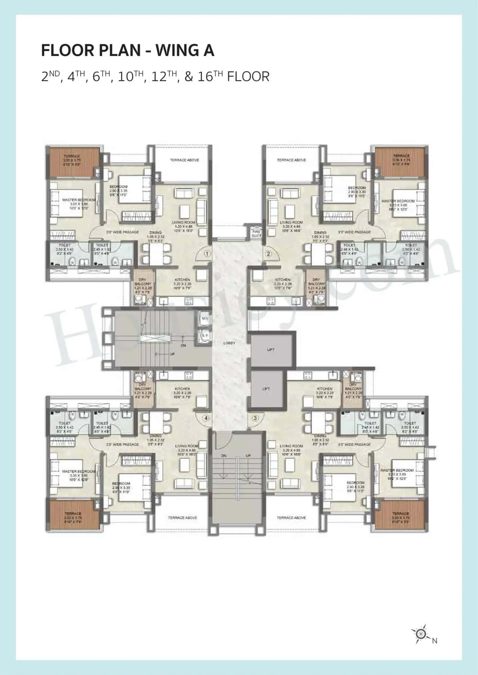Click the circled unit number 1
(208, 254)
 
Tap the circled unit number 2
(268, 254)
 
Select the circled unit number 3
(255, 418)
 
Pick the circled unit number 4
(206, 418)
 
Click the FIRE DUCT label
(256, 234)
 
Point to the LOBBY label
(229, 343)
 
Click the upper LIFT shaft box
(271, 349)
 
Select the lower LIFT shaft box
(266, 389)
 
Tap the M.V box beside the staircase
(205, 318)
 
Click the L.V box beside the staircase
(205, 335)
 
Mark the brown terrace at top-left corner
(72, 163)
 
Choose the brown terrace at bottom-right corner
(400, 515)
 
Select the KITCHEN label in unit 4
(182, 389)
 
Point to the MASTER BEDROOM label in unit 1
(79, 200)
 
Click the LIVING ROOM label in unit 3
(291, 446)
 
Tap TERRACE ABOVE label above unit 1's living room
(184, 160)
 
